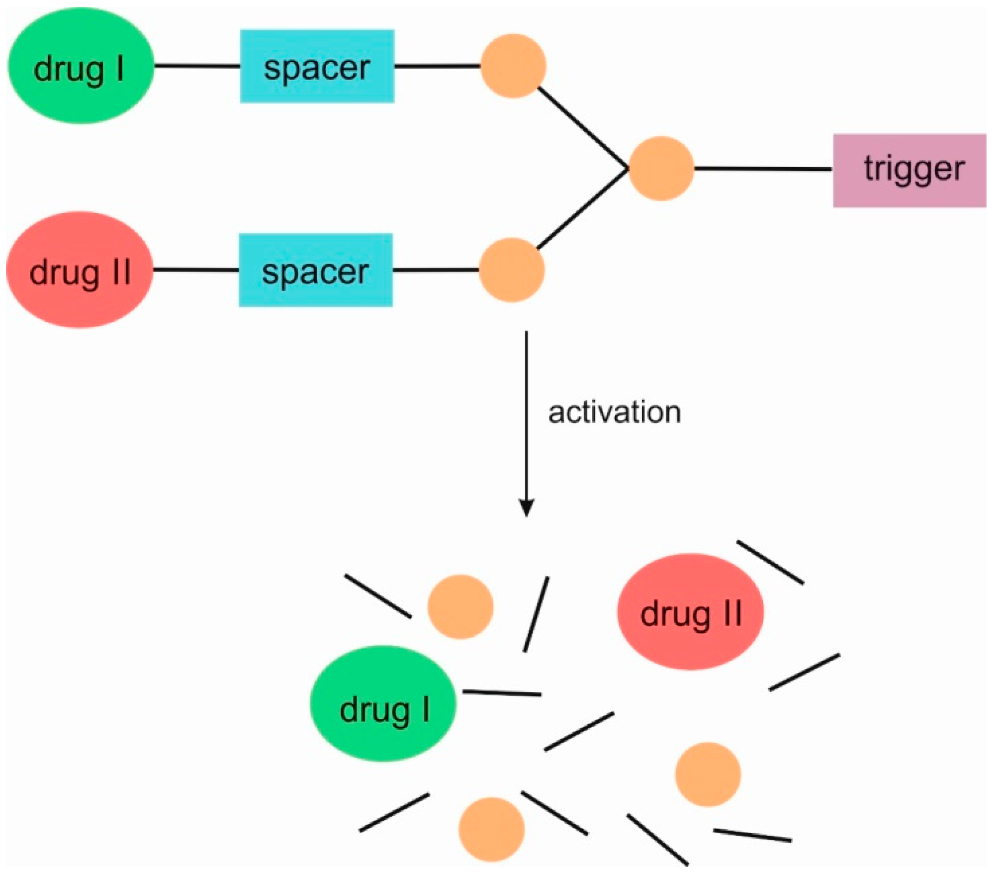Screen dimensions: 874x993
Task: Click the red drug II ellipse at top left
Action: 80,270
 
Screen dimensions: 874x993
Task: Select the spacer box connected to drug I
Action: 317,66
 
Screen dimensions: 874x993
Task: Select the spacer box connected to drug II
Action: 316,270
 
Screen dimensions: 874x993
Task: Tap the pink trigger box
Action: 909,170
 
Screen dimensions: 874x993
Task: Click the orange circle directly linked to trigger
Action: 661,169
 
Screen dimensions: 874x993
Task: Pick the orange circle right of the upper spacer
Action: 513,66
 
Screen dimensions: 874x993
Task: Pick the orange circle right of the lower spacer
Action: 512,270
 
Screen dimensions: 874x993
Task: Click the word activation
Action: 614,412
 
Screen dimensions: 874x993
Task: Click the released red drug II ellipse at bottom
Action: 690,612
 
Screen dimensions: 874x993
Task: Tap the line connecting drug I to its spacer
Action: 197,66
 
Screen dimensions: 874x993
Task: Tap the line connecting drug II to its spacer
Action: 196,270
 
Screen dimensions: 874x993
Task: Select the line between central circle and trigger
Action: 763,169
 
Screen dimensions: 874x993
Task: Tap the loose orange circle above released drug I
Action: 460,607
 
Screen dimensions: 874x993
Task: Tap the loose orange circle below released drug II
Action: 708,775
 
